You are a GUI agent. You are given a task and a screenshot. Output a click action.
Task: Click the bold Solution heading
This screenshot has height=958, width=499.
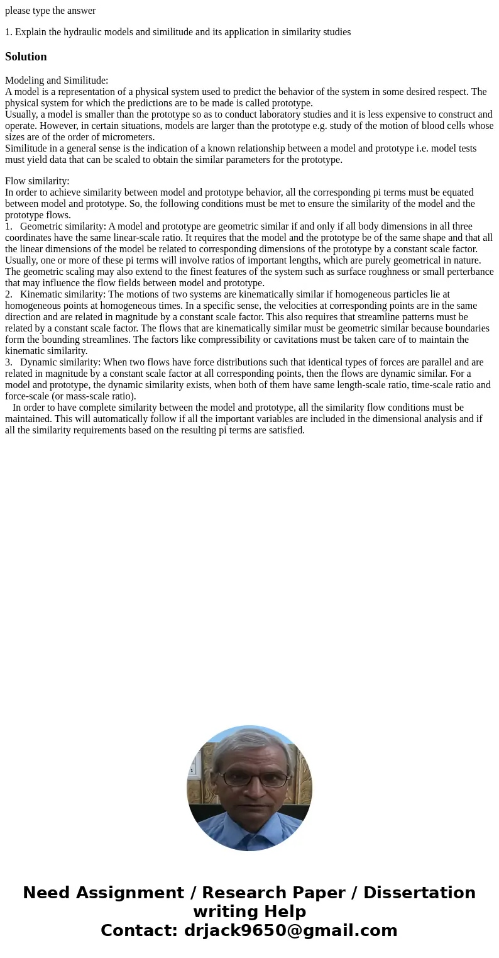26,57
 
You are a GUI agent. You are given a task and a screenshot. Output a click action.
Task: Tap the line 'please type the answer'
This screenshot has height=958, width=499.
50,10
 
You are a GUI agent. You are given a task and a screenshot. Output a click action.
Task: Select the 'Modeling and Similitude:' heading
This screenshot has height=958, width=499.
57,81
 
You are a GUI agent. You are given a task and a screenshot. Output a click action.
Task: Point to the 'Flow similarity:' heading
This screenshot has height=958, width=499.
37,181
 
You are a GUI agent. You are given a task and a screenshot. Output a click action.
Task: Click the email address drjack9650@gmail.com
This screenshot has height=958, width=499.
290,930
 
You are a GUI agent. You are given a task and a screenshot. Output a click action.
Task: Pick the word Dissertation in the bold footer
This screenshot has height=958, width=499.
419,893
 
